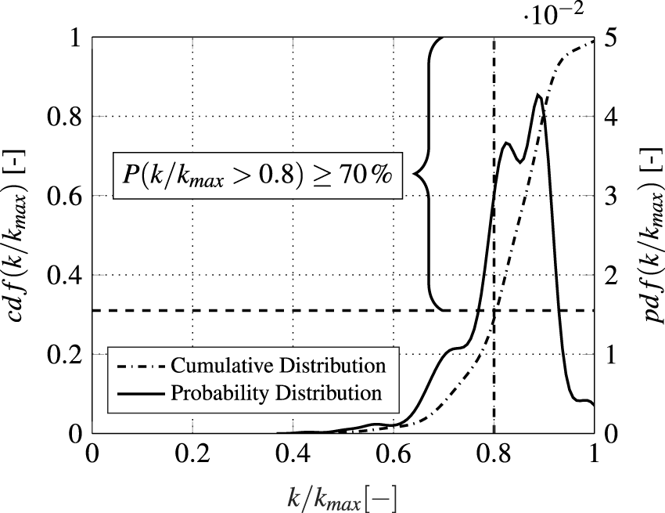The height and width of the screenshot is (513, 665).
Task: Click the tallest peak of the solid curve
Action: (x=538, y=95)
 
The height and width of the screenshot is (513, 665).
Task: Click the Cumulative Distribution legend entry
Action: (x=278, y=366)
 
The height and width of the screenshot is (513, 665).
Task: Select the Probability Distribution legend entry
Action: (x=276, y=392)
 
